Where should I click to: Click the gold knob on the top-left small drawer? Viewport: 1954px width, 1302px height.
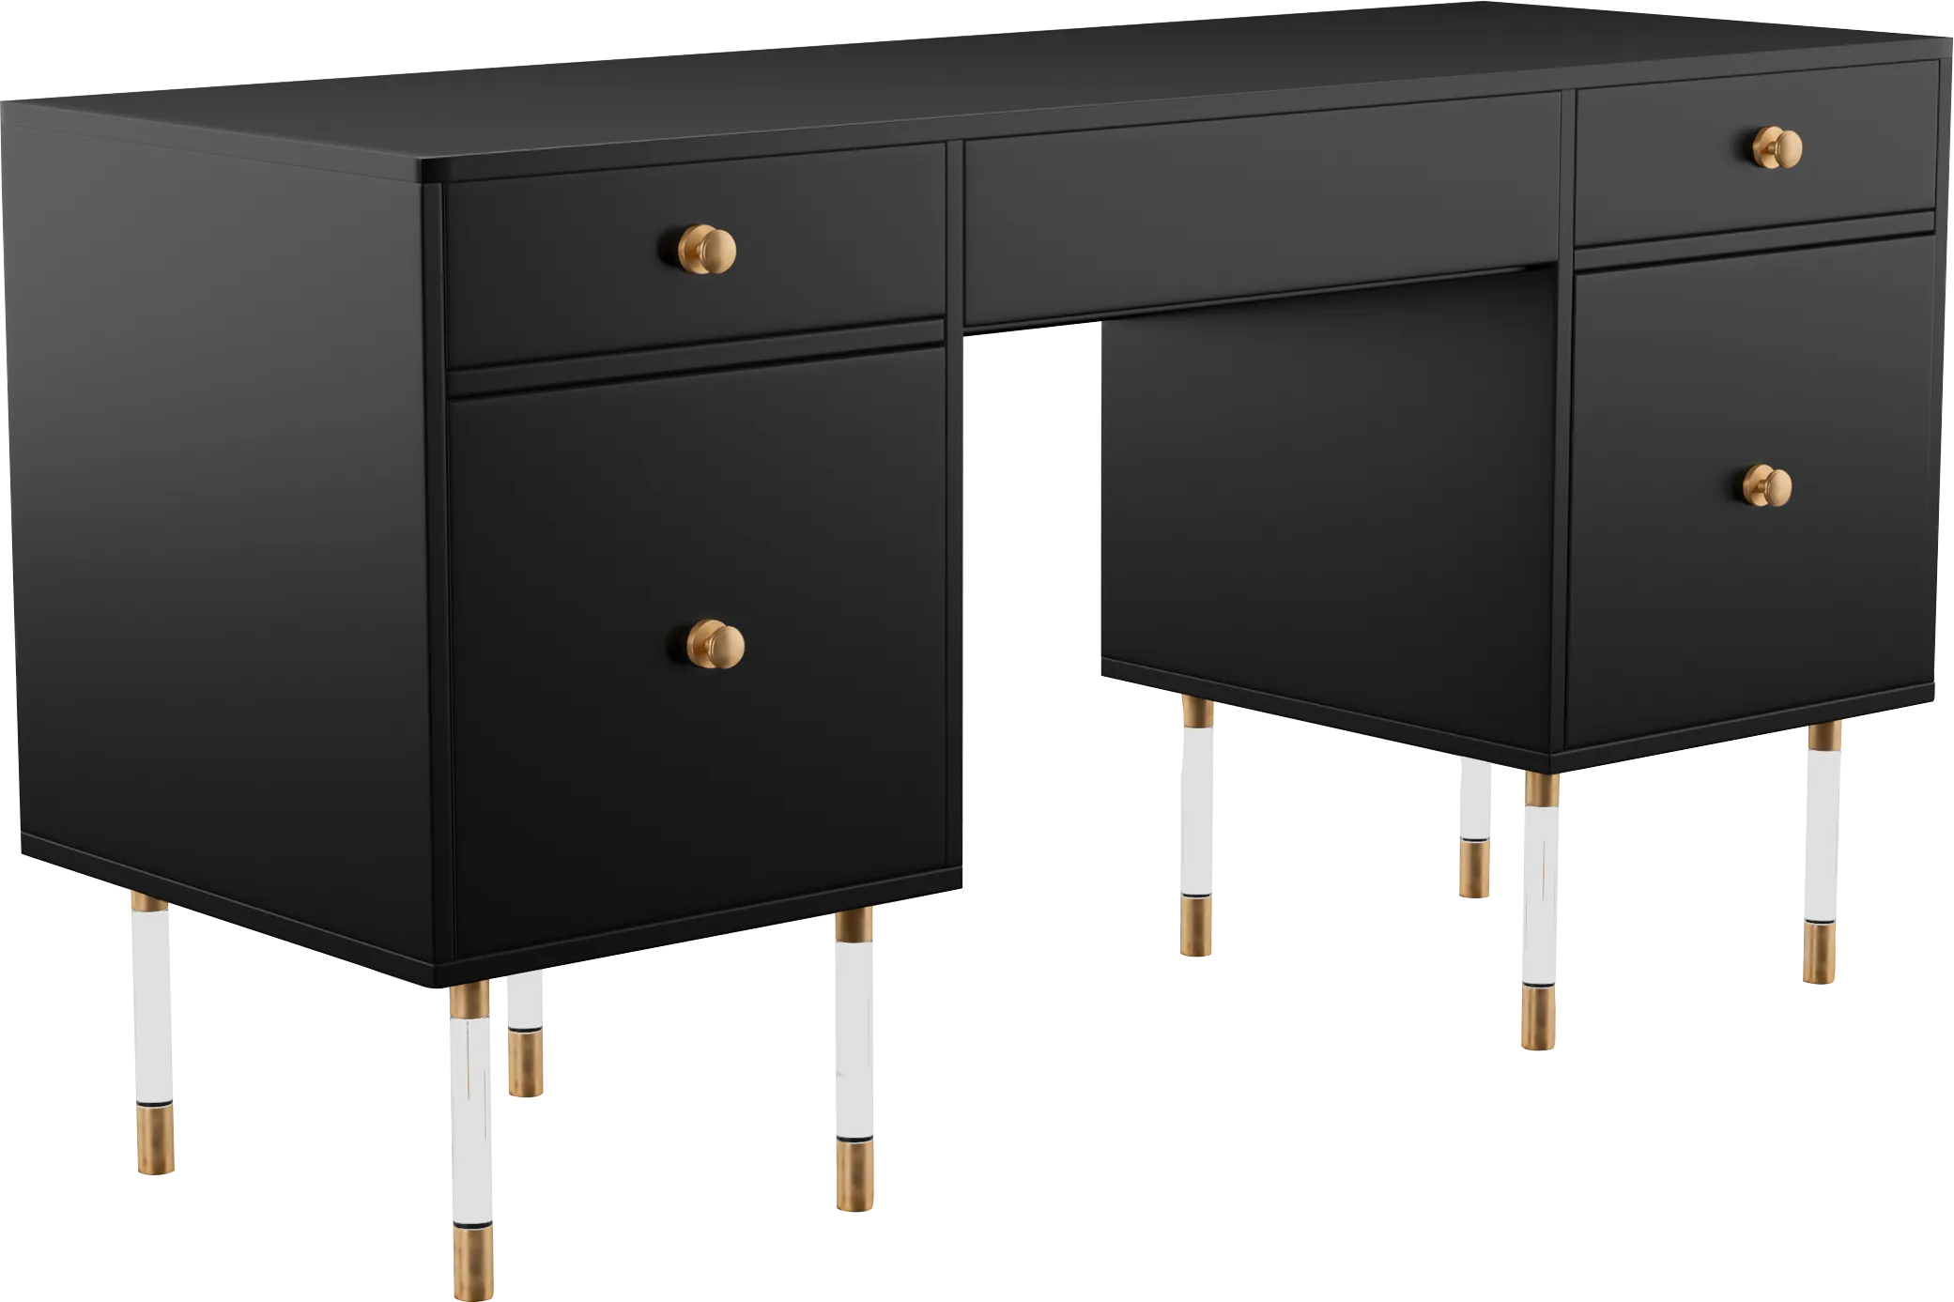tap(709, 249)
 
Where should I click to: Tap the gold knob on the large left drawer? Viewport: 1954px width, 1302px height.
tap(716, 644)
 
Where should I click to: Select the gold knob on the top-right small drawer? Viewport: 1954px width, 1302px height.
tap(1777, 147)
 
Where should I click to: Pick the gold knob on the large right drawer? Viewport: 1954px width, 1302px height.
tap(1768, 486)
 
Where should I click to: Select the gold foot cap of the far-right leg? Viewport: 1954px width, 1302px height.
tap(1821, 953)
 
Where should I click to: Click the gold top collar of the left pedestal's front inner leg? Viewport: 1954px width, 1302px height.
tap(854, 927)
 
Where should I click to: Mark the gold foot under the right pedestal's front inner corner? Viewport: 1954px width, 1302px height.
tap(1537, 1019)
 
